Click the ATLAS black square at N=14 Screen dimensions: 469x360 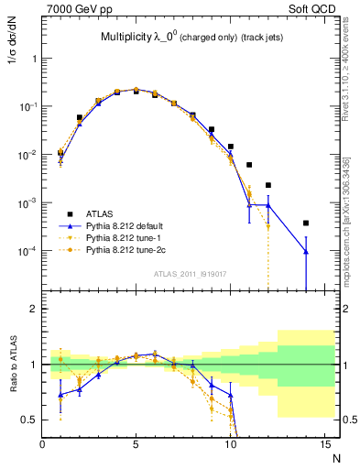(x=306, y=223)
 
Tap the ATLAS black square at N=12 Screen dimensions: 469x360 (x=268, y=185)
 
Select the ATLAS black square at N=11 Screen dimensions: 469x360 (x=249, y=165)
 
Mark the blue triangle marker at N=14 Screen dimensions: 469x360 (x=306, y=251)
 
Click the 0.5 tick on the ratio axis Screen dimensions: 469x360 (x=30, y=420)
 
